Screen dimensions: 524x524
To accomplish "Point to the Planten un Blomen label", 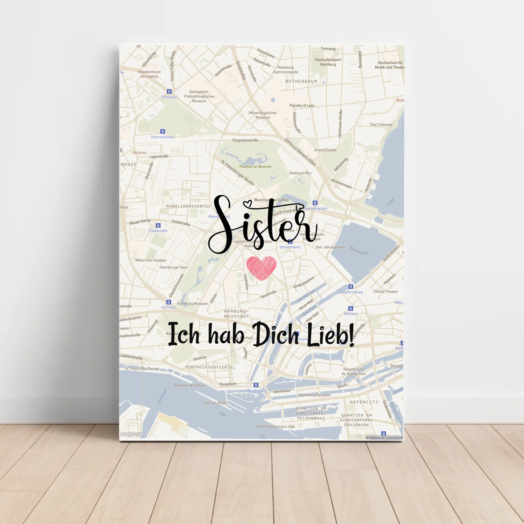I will (255, 167).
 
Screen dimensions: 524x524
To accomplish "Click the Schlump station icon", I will (169, 91).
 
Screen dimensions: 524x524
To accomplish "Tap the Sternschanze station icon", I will (162, 132).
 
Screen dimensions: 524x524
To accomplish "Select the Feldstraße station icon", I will (158, 225).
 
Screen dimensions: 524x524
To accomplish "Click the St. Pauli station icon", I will (168, 302).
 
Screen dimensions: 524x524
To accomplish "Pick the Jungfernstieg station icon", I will (351, 287).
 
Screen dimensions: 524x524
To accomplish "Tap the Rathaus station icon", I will (351, 308).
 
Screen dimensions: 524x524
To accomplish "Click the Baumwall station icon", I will (256, 385).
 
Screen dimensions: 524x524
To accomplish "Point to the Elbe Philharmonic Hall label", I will (276, 427).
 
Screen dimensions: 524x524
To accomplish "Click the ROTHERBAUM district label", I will (301, 81).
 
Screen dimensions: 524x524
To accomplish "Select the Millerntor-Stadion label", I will (151, 260).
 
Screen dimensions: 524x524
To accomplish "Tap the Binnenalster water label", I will (359, 250).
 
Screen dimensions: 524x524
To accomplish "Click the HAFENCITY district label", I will (364, 402).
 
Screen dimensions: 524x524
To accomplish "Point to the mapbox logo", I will (131, 434).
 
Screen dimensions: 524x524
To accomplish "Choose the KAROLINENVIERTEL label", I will (189, 206).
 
